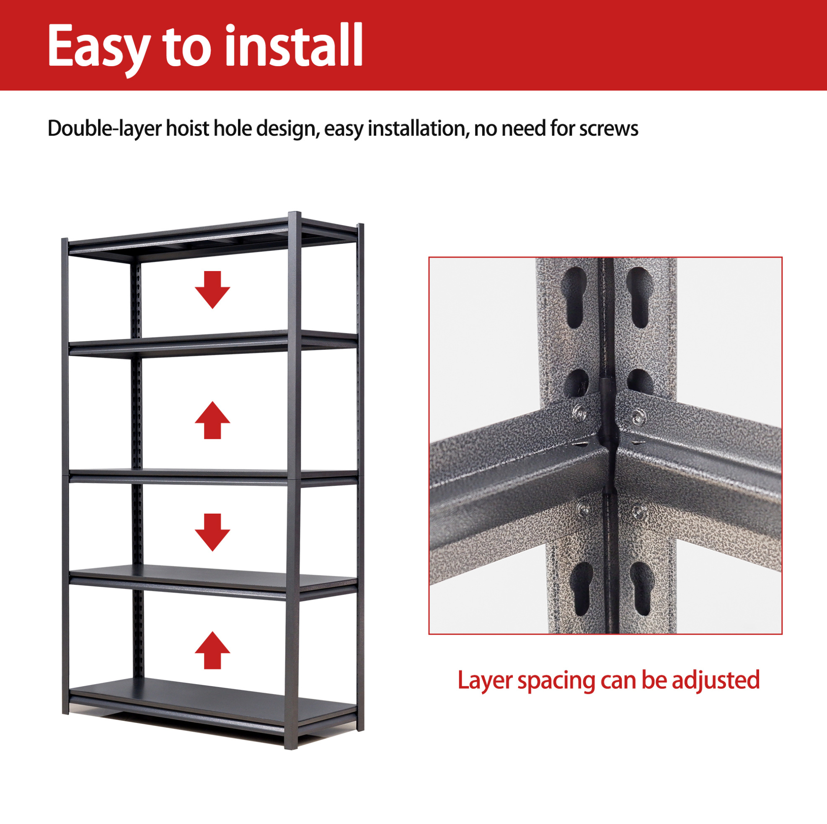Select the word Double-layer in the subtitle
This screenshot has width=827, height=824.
tap(104, 129)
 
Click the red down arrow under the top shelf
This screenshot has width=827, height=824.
tap(212, 290)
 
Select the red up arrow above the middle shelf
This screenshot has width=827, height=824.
tap(212, 420)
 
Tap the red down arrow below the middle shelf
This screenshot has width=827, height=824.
tap(212, 532)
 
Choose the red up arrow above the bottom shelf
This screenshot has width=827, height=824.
tap(212, 650)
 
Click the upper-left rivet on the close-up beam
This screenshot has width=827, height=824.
tap(580, 412)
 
